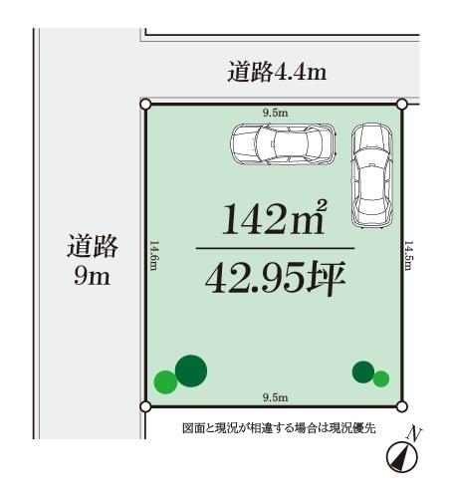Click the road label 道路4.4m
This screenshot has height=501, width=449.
[277, 73]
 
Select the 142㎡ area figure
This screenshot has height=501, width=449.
[274, 218]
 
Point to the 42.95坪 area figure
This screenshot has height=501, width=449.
[274, 279]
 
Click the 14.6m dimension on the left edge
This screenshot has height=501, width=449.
[155, 257]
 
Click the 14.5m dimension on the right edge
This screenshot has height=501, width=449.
[408, 257]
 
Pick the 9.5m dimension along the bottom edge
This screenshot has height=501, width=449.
[274, 397]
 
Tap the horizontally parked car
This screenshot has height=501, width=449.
[283, 144]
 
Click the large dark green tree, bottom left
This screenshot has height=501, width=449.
[191, 371]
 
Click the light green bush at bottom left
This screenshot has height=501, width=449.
[165, 380]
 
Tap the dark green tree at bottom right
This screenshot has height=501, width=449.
[363, 373]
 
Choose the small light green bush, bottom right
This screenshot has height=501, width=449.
[380, 378]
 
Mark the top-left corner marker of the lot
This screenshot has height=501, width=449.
[146, 103]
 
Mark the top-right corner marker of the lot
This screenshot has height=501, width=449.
[402, 103]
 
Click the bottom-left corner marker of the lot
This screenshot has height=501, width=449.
[146, 406]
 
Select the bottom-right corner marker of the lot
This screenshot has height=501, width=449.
[402, 406]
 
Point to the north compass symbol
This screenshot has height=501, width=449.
[401, 453]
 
